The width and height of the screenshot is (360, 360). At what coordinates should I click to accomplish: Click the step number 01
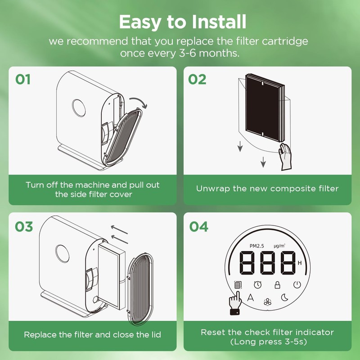(x=23, y=79)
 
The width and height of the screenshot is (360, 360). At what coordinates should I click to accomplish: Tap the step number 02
(x=197, y=79)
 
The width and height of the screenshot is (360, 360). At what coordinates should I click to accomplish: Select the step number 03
(x=24, y=226)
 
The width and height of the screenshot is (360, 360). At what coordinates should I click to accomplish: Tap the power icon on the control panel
(x=297, y=284)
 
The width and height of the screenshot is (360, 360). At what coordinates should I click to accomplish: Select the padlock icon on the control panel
(x=278, y=284)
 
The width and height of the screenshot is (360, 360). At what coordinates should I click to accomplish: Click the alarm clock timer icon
(x=258, y=284)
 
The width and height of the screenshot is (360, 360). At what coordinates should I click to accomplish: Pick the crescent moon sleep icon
(x=285, y=297)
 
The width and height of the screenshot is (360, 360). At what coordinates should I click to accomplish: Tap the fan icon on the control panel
(x=268, y=302)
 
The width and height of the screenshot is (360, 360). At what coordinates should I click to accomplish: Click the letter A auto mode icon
(x=251, y=297)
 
